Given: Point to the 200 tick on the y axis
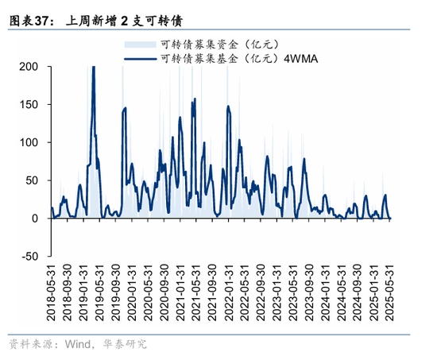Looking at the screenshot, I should coord(29,67).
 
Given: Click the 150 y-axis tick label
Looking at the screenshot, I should coord(29,105).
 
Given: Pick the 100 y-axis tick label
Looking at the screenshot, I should coord(29,142).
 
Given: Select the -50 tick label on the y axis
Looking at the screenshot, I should coord(29,256).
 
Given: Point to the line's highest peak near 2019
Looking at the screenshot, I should coord(94,68).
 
